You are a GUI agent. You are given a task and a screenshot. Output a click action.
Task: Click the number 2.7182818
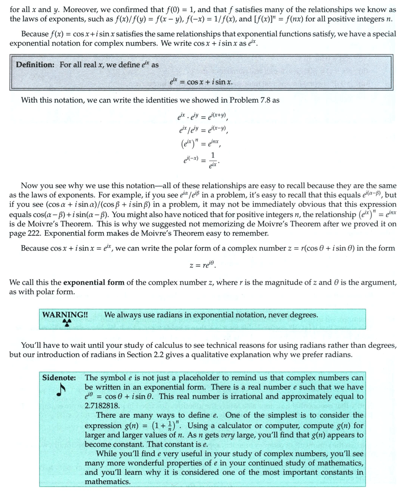(102, 406)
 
